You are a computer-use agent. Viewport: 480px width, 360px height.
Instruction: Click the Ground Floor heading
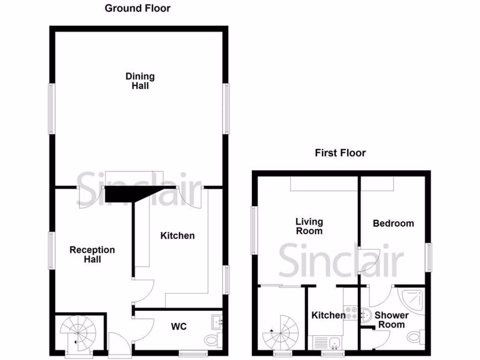pos(137,8)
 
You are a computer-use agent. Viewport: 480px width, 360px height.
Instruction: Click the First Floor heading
pos(340,153)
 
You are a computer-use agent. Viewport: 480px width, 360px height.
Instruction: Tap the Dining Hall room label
pos(140,81)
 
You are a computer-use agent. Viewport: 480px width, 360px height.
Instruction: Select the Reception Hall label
pos(92,255)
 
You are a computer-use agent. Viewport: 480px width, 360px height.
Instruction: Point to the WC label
pos(179,326)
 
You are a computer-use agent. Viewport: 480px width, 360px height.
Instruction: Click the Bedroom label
pos(393,224)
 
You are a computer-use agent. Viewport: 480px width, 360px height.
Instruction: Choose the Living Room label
pos(309,226)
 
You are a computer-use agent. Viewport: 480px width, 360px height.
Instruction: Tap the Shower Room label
pos(391,320)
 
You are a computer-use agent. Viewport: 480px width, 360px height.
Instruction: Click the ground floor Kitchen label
pos(177,236)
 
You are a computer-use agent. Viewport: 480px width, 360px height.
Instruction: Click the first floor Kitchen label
pos(328,315)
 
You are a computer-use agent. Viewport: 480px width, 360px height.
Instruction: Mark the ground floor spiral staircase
pos(78,332)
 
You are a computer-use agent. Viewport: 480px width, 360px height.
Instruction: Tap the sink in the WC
pos(217,321)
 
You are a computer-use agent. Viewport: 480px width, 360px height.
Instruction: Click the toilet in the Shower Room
pos(414,336)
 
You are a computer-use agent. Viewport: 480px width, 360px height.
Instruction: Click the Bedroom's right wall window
pos(428,257)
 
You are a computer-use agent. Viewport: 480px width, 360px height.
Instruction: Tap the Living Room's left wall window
pos(254,230)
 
